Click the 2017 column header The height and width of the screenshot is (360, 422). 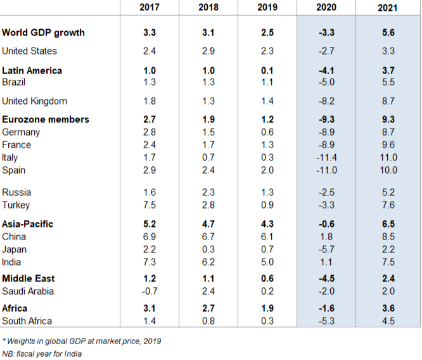(150, 8)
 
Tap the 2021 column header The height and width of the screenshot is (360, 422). (388, 8)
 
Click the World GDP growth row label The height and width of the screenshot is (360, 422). (43, 32)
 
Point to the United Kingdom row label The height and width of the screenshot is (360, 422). (34, 101)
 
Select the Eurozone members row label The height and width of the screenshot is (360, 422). (46, 119)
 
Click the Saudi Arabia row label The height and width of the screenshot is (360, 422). (28, 291)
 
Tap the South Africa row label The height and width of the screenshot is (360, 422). (27, 321)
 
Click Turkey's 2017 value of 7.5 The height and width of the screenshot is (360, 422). (150, 205)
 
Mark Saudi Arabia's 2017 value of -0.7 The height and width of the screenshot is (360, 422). (150, 291)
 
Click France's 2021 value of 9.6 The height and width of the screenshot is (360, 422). (388, 145)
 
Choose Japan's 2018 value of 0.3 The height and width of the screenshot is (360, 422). (208, 249)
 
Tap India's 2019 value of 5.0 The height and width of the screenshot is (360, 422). (267, 262)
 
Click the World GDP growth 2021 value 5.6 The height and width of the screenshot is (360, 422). (388, 32)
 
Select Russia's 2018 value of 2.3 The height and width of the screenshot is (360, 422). (208, 192)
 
